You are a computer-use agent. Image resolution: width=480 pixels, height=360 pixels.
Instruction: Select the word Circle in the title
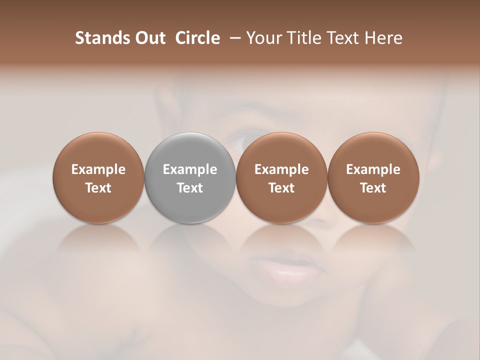(x=197, y=38)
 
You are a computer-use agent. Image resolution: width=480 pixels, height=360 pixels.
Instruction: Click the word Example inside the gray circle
(x=190, y=169)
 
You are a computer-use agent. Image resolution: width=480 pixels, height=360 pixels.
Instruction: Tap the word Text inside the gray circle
(x=190, y=188)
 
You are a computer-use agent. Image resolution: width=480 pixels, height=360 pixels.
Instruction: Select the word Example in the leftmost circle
(x=98, y=169)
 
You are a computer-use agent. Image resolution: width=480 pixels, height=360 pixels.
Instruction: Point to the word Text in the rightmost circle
(x=373, y=188)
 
